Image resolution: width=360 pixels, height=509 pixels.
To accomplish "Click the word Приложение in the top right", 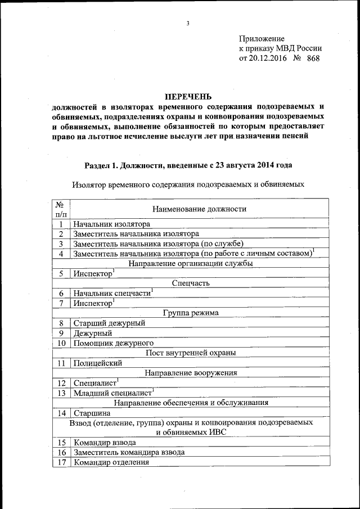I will (262, 38).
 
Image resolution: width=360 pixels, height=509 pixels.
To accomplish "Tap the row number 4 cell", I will (61, 254).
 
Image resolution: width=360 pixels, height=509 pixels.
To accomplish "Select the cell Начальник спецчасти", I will (112, 293).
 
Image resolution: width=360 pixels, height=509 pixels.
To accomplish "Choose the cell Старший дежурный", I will (109, 323).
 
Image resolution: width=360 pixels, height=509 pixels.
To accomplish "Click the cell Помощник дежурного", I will (114, 343).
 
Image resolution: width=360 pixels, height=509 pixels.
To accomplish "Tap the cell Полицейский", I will (98, 363).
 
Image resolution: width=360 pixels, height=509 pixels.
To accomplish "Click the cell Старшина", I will (91, 413).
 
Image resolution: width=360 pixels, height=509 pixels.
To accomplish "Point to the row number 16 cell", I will (61, 452).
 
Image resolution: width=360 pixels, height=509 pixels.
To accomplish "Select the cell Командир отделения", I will (111, 462).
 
